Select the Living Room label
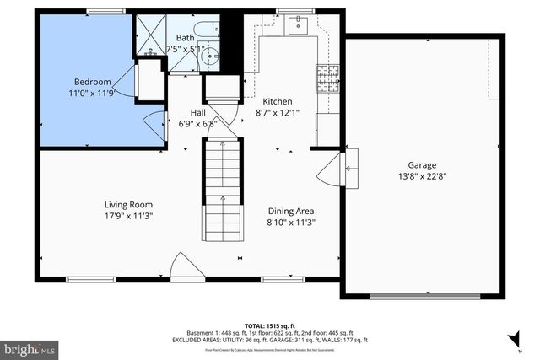pyautogui.click(x=128, y=205)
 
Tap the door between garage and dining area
pyautogui.click(x=350, y=169)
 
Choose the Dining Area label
pyautogui.click(x=291, y=212)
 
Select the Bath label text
pyautogui.click(x=185, y=38)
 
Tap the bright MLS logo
pyautogui.click(x=30, y=347)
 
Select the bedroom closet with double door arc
pyautogui.click(x=149, y=83)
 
